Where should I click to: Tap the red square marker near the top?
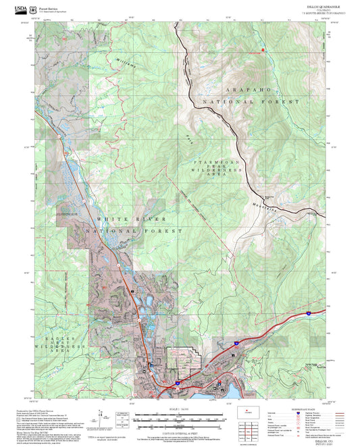264,50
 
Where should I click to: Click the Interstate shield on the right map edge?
309,314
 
